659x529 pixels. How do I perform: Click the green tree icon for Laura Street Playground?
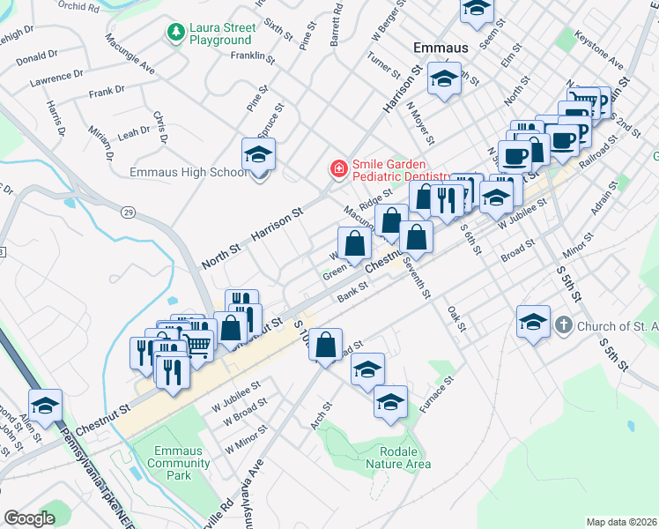coord(174,34)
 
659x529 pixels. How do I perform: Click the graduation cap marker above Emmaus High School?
coord(258,155)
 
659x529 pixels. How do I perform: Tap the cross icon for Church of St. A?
coord(566,325)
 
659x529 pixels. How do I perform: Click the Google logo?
coord(29,518)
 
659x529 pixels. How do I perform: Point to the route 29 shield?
coord(129,212)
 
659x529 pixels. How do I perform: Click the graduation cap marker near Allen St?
coord(46,406)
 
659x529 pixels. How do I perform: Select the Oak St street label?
coord(455,319)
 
